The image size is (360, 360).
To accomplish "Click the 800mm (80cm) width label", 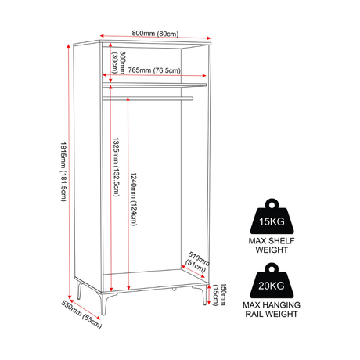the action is pos(155,34).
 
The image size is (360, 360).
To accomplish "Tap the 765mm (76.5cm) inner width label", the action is pos(154,70).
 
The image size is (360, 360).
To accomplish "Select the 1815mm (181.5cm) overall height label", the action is pos(63,171).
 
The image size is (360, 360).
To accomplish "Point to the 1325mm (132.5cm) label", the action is pos(116,167).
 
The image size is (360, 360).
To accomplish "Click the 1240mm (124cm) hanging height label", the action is pos(134,199).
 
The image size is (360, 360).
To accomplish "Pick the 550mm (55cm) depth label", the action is pos(81,315).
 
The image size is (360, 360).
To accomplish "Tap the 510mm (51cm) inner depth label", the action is pos(197,261).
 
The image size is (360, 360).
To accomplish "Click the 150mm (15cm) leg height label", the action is pos(219,294).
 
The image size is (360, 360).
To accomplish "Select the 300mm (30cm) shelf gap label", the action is pos(119,63).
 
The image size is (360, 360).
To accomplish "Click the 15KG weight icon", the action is pos(272,217).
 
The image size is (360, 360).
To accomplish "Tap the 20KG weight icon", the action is pos(272,281).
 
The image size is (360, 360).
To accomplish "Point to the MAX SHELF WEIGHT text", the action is pos(272,245).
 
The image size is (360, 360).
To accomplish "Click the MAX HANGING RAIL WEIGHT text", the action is pos(272,309).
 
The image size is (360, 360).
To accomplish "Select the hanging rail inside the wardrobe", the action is pos(148,99).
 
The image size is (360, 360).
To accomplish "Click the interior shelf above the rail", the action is pos(154,85).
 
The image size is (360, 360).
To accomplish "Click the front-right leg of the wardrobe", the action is pos(201,294).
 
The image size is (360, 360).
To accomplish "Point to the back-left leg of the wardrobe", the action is pos(79,289).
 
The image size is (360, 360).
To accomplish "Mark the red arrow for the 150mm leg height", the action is pos(209,294).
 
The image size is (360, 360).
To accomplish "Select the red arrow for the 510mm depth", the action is pos(193,272).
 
